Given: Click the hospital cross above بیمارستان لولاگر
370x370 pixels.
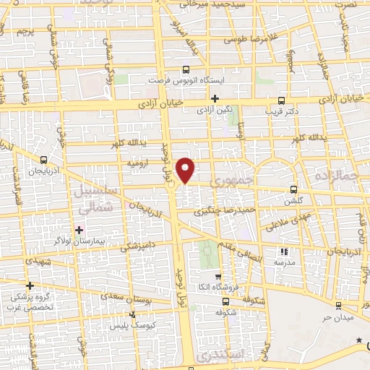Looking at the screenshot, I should point(79,230).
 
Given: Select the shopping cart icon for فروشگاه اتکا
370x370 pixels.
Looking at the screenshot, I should point(218,276).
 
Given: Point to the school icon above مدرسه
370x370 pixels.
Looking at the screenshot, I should point(284,252).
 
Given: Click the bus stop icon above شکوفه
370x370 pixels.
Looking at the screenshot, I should point(225,302).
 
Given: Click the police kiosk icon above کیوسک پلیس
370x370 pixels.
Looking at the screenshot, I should point(132,315).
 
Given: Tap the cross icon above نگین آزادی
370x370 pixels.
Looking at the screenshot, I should point(215,98).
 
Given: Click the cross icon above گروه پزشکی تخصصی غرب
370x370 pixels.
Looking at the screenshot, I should point(30,285).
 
